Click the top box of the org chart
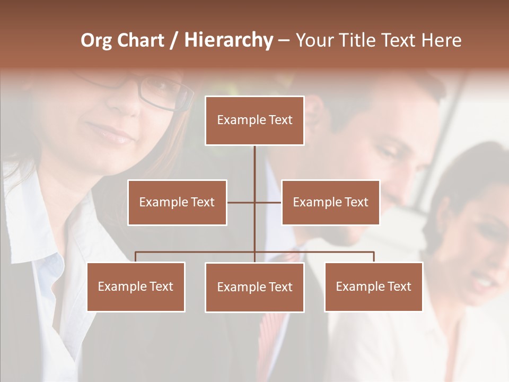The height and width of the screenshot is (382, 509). (x=254, y=120)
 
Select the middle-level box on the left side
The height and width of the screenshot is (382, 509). (x=177, y=202)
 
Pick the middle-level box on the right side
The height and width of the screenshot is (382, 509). (x=330, y=202)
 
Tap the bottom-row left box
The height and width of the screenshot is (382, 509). (x=136, y=286)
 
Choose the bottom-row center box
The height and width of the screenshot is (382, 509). (x=254, y=287)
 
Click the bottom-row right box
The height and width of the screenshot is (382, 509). (x=373, y=286)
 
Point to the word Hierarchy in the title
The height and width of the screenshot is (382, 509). (x=229, y=40)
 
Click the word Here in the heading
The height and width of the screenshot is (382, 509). (x=441, y=40)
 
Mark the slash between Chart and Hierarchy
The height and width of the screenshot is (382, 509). (x=174, y=41)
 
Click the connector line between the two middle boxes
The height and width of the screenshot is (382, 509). (x=254, y=202)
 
